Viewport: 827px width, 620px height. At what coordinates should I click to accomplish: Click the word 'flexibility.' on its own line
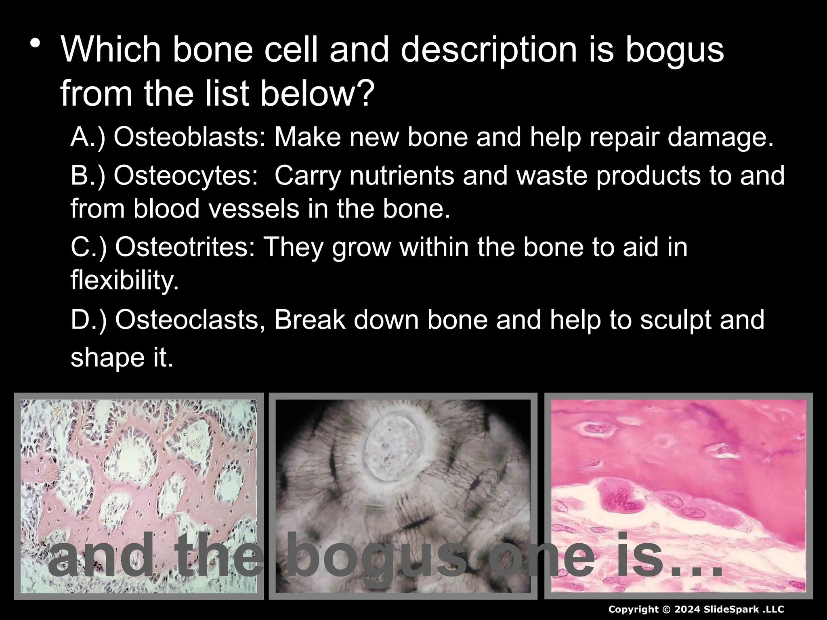coord(124,280)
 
